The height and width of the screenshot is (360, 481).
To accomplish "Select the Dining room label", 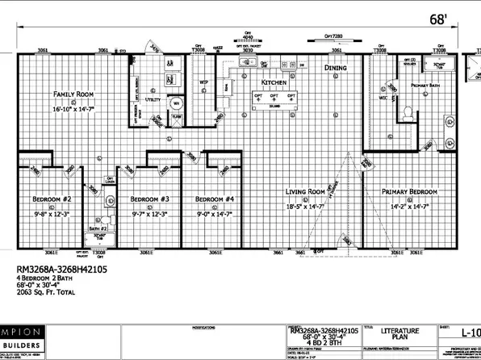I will tap(335, 69).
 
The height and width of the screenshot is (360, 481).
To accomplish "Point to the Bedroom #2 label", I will tap(52, 199).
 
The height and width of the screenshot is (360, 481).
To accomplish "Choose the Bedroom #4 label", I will tap(214, 199).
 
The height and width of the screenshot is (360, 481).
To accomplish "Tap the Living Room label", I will tap(305, 192).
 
